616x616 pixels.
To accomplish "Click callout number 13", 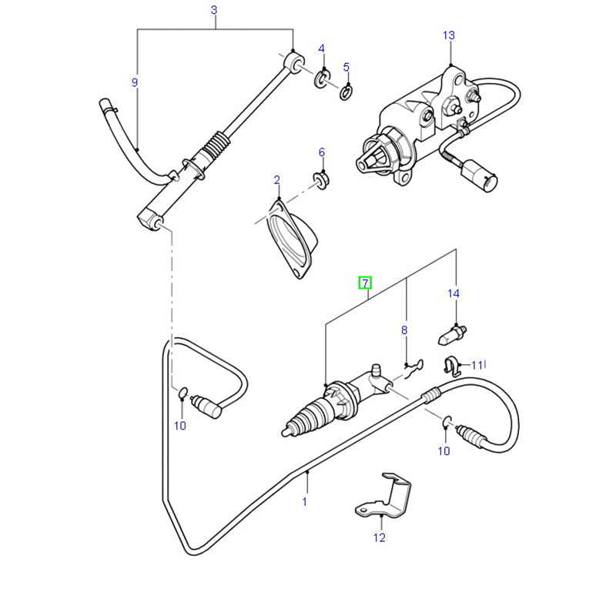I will click(x=449, y=35).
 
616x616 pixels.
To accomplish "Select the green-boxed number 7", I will click(x=365, y=283).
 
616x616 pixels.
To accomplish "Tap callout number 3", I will click(x=214, y=10).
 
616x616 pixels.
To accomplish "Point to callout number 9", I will click(x=135, y=82).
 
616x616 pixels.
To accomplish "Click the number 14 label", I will click(x=454, y=293).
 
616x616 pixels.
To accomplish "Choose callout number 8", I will click(x=403, y=330).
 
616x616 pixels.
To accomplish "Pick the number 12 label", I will click(x=379, y=537).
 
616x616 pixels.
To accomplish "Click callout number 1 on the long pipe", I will click(x=304, y=501).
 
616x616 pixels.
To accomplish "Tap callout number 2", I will click(x=277, y=180).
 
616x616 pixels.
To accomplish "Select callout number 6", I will click(x=322, y=152).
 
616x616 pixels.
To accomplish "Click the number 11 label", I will click(x=477, y=365).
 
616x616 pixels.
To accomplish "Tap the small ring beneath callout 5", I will click(x=346, y=93).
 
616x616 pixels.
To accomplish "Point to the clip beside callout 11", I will click(x=454, y=363).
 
